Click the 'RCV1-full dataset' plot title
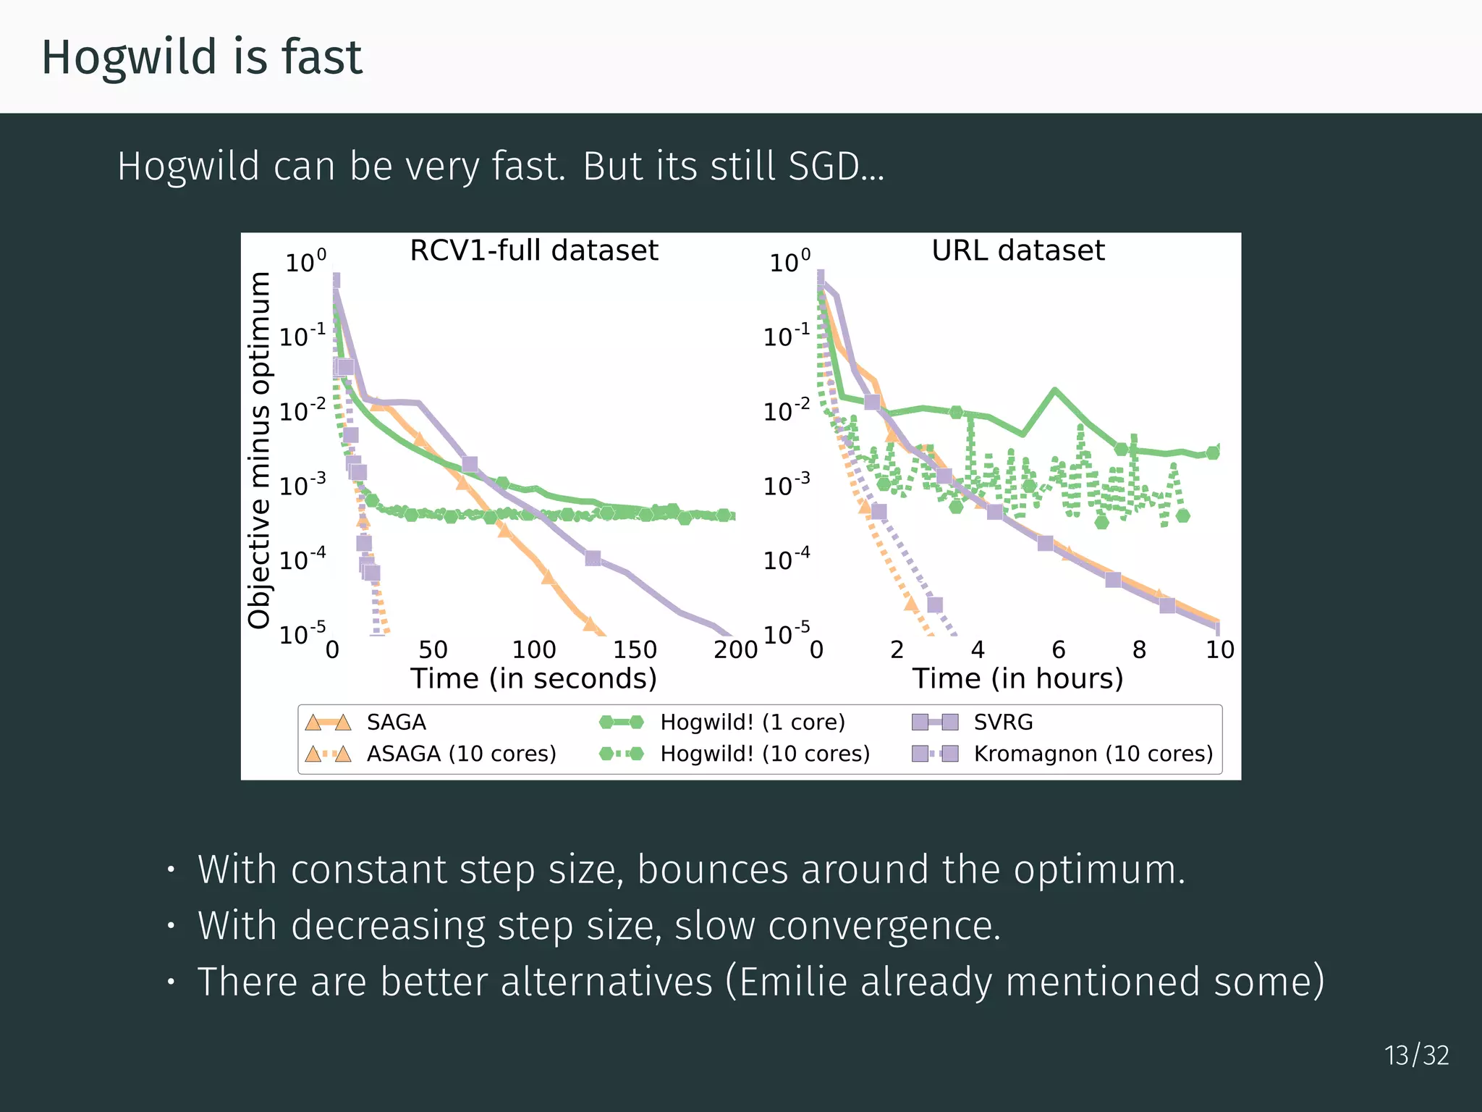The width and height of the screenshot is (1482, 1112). [x=533, y=250]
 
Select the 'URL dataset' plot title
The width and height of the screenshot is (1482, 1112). [x=1017, y=250]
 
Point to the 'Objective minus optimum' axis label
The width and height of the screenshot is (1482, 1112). [x=259, y=450]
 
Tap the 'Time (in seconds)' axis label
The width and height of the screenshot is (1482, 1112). [x=533, y=679]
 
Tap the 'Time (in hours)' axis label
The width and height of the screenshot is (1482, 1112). [x=1017, y=679]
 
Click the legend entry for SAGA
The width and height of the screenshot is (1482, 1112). [x=396, y=722]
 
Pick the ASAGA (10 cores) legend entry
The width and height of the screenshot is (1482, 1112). [x=461, y=754]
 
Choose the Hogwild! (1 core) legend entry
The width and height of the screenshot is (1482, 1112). [x=752, y=722]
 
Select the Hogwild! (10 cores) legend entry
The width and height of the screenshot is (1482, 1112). [x=764, y=754]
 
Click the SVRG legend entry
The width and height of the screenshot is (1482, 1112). [x=1003, y=722]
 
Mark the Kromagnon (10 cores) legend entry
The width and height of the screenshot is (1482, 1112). [x=1093, y=754]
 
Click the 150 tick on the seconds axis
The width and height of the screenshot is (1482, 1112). [x=635, y=649]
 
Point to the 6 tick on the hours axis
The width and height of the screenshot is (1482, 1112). [x=1058, y=649]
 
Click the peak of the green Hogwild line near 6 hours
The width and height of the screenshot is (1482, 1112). [x=1055, y=390]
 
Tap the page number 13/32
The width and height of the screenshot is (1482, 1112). [x=1416, y=1056]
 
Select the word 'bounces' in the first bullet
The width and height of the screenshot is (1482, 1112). [x=712, y=869]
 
